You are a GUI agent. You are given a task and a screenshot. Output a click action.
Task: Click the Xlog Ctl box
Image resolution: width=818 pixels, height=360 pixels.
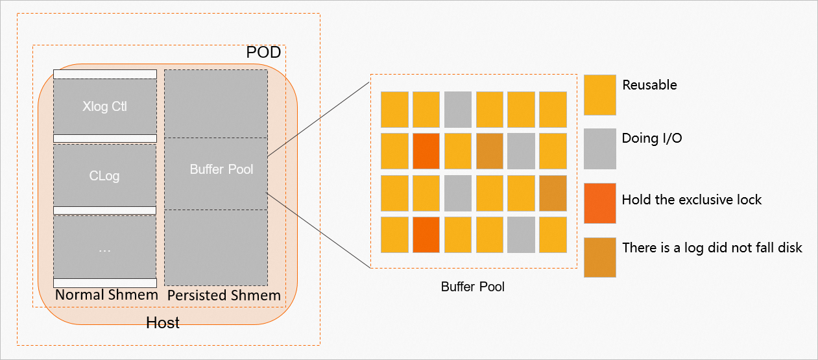pyautogui.click(x=104, y=106)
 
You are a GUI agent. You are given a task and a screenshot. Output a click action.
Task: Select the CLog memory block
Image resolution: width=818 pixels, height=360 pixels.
pyautogui.click(x=104, y=175)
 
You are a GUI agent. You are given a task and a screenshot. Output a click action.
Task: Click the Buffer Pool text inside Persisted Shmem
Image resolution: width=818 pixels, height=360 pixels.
pyautogui.click(x=221, y=170)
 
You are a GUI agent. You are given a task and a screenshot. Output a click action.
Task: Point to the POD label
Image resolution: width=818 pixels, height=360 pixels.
pyautogui.click(x=263, y=53)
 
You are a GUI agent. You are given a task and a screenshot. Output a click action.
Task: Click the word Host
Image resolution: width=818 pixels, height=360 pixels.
pyautogui.click(x=163, y=322)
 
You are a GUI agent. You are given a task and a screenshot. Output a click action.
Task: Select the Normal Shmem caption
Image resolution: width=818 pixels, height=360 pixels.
pyautogui.click(x=106, y=295)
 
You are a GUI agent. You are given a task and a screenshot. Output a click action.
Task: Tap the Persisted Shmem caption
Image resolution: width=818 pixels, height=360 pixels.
pyautogui.click(x=224, y=296)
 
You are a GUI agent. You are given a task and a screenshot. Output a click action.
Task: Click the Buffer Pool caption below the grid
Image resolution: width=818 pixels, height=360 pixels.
pyautogui.click(x=472, y=287)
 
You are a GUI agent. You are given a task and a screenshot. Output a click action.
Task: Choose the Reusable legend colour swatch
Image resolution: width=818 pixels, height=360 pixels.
pyautogui.click(x=599, y=95)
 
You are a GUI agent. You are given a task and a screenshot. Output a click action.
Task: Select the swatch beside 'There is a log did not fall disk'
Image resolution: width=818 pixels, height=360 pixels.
pyautogui.click(x=599, y=257)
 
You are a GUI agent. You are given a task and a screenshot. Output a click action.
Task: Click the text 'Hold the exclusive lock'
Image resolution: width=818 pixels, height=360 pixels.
pyautogui.click(x=692, y=199)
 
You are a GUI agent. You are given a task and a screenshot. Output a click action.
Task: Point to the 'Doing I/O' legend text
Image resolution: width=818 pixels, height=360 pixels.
pyautogui.click(x=651, y=138)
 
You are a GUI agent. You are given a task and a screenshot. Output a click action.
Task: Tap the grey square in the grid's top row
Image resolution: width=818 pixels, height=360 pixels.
pyautogui.click(x=458, y=109)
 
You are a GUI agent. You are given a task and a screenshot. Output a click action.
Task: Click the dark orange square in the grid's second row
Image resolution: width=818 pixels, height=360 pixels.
pyautogui.click(x=426, y=150)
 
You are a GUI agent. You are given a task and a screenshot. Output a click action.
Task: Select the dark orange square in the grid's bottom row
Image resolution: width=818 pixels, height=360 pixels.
pyautogui.click(x=426, y=235)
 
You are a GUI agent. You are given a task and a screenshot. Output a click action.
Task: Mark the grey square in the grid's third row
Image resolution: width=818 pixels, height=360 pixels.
pyautogui.click(x=458, y=193)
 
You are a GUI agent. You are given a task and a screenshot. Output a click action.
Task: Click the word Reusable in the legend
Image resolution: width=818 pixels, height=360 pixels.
pyautogui.click(x=649, y=85)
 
